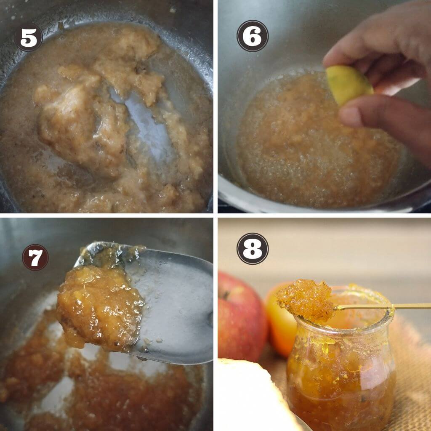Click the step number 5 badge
(28, 37)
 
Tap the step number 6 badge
(253, 36)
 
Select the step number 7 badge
(35, 257)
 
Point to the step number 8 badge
(253, 249)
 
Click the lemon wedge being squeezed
(349, 85)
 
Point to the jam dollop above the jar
(305, 300)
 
